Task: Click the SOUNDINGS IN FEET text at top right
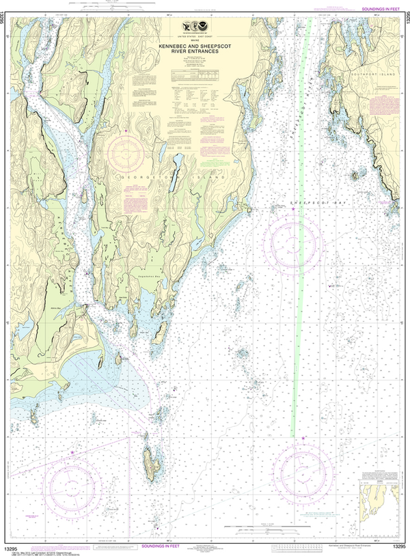(x=385, y=8)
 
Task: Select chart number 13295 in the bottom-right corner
(x=399, y=546)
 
